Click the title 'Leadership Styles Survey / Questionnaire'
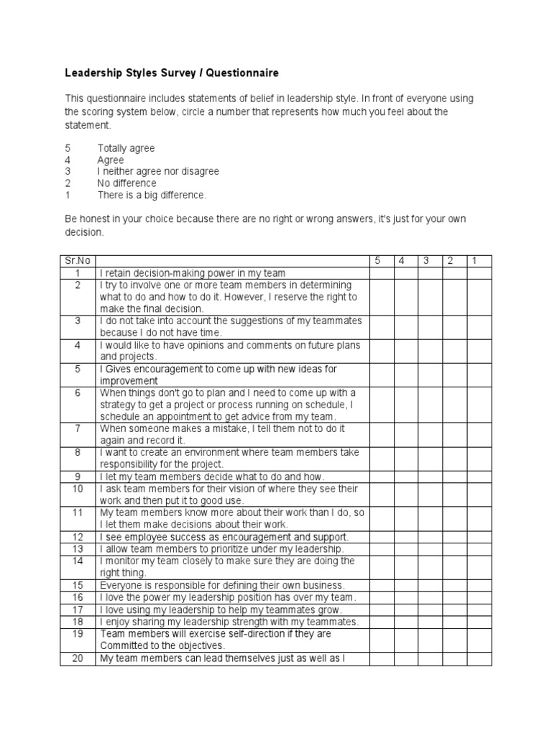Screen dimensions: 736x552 pos(172,73)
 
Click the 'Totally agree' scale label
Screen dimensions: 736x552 pos(126,148)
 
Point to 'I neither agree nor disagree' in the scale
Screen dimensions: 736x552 pos(158,172)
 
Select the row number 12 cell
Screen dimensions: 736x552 pos(78,537)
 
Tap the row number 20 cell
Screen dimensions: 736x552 pos(78,658)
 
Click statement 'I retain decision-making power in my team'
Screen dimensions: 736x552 pos(193,273)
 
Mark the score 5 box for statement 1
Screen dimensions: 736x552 pos(381,273)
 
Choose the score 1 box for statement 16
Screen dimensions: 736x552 pos(479,597)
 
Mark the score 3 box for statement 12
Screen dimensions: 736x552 pos(429,537)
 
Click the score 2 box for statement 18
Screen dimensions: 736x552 pos(454,622)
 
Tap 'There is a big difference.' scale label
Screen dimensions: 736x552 pos(152,195)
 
